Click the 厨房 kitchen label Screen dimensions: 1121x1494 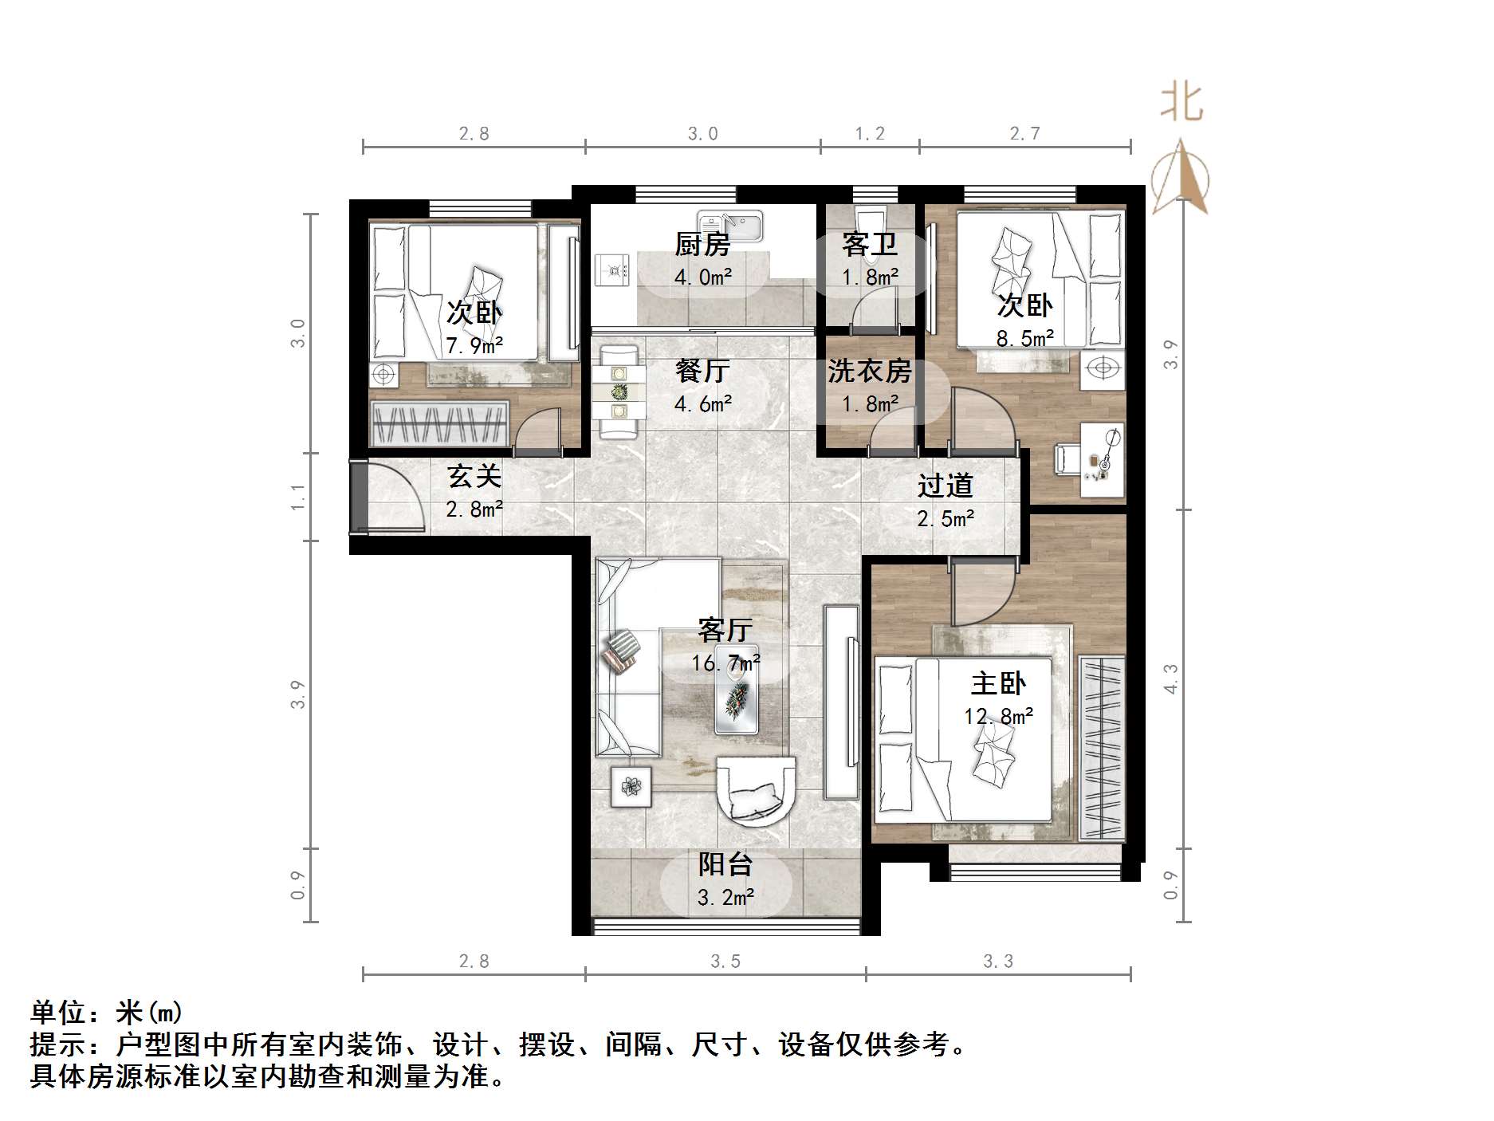[702, 244]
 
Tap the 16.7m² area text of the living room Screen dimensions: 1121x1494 [725, 663]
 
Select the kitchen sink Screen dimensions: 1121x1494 [730, 225]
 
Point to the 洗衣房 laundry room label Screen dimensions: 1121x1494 [869, 371]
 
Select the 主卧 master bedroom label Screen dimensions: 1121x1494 [998, 683]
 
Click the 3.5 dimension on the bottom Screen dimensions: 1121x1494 [725, 962]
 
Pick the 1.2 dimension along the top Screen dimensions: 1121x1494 [870, 134]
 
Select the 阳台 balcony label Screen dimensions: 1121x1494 [725, 864]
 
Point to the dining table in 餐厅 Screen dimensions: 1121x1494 [619, 391]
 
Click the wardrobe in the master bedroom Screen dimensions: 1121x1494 [1102, 748]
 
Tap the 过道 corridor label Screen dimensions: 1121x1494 [946, 486]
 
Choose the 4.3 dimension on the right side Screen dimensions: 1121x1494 [1170, 678]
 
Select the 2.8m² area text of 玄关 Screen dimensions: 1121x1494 [474, 509]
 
